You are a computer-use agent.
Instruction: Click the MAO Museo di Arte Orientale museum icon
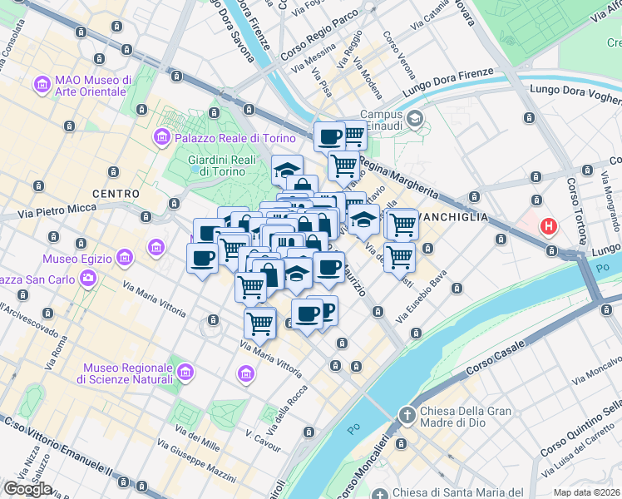pyautogui.click(x=42, y=84)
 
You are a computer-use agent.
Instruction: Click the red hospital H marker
pyautogui.click(x=549, y=225)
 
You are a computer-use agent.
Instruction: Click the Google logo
pyautogui.click(x=27, y=489)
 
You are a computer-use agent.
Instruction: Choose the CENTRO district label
pyautogui.click(x=116, y=194)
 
